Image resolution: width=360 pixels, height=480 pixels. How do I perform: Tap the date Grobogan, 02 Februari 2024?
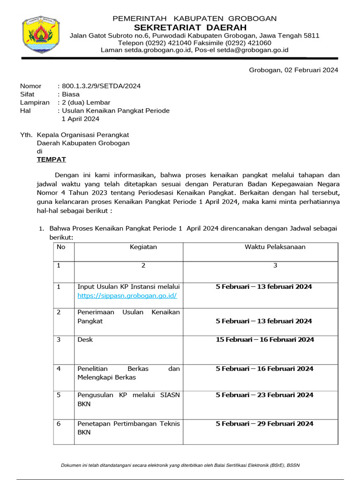click(293, 70)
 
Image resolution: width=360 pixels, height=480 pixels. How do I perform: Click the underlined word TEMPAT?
click(52, 159)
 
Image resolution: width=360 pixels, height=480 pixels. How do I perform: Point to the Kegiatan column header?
click(143, 247)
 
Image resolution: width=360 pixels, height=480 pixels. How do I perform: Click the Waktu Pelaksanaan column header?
click(275, 247)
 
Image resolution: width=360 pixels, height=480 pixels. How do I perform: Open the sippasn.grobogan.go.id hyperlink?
click(127, 295)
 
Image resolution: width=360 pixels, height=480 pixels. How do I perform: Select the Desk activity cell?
click(85, 339)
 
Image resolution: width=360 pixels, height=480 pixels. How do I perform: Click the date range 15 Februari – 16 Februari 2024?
click(265, 339)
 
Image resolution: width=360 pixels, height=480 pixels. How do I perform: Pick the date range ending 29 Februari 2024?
click(264, 424)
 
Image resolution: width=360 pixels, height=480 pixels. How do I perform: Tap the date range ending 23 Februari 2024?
click(264, 395)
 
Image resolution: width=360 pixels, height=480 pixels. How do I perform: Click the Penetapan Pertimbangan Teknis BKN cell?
click(128, 428)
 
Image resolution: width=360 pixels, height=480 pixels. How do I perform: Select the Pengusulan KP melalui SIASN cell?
click(128, 399)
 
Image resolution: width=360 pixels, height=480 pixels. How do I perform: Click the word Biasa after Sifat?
click(71, 94)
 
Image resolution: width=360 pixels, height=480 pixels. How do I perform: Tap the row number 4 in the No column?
click(59, 368)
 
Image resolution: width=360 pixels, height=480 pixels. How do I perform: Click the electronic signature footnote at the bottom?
click(180, 465)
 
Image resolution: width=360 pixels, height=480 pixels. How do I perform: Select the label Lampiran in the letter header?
click(35, 103)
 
